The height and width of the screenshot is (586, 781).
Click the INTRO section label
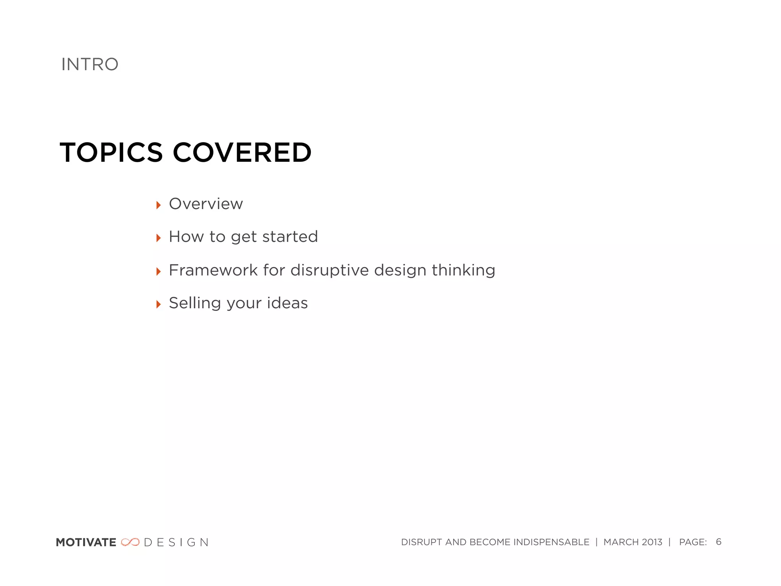tap(90, 64)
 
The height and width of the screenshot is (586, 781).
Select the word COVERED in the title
tap(242, 153)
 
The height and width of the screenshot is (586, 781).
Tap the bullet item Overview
tap(206, 204)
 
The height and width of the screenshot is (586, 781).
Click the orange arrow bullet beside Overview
tap(159, 205)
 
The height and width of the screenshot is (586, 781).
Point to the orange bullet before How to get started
tap(159, 238)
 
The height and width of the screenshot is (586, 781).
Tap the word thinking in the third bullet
tap(463, 270)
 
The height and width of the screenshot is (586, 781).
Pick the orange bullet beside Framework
tap(159, 272)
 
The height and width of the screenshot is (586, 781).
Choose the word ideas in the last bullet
tap(287, 303)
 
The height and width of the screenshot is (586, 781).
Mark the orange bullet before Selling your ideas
tap(159, 304)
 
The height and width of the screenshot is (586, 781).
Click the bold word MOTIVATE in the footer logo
tap(86, 542)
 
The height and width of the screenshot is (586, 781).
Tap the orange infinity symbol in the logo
tap(130, 542)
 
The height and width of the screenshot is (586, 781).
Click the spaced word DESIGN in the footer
tap(176, 542)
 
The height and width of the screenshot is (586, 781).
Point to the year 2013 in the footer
tap(652, 542)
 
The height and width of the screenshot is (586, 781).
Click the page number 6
tap(718, 542)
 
